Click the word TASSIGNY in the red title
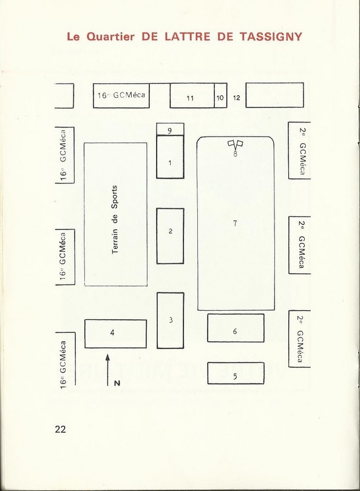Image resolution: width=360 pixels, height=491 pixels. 270,36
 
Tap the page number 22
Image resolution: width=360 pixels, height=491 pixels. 61,429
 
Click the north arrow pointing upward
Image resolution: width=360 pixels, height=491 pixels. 108,370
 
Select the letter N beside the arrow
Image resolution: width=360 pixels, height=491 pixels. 117,383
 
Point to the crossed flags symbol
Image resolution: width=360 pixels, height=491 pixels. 236,144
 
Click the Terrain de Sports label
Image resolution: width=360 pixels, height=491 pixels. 115,219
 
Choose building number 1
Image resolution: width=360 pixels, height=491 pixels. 170,157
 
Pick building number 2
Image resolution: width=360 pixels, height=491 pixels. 170,236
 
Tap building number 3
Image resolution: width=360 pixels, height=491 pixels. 170,320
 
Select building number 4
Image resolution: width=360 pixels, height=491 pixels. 115,333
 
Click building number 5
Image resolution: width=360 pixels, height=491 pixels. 236,373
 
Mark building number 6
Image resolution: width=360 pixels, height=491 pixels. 236,328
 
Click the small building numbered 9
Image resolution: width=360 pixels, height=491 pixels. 170,129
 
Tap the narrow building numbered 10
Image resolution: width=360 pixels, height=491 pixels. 220,95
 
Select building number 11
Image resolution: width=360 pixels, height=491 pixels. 192,95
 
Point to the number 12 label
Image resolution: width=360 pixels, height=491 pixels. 237,98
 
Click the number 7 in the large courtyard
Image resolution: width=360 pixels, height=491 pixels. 235,223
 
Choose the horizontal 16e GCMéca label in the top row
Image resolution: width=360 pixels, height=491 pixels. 121,95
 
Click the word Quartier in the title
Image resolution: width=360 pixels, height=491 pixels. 110,36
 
